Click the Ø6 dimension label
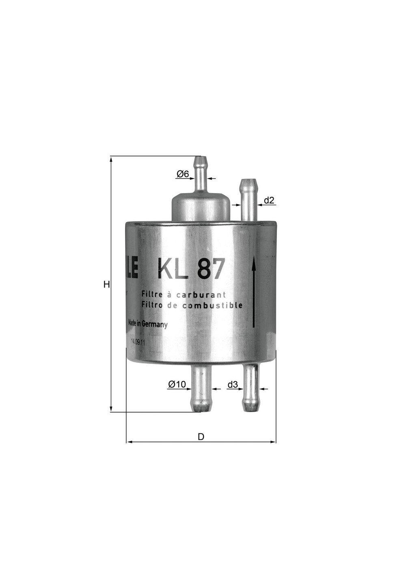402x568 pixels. point(183,174)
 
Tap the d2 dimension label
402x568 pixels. point(269,200)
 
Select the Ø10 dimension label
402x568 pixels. point(177,384)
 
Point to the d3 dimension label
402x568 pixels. point(232,384)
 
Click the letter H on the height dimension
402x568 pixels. point(106,285)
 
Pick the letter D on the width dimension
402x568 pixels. point(201,437)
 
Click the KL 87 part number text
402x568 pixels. point(191,269)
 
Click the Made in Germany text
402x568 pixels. point(147,324)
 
